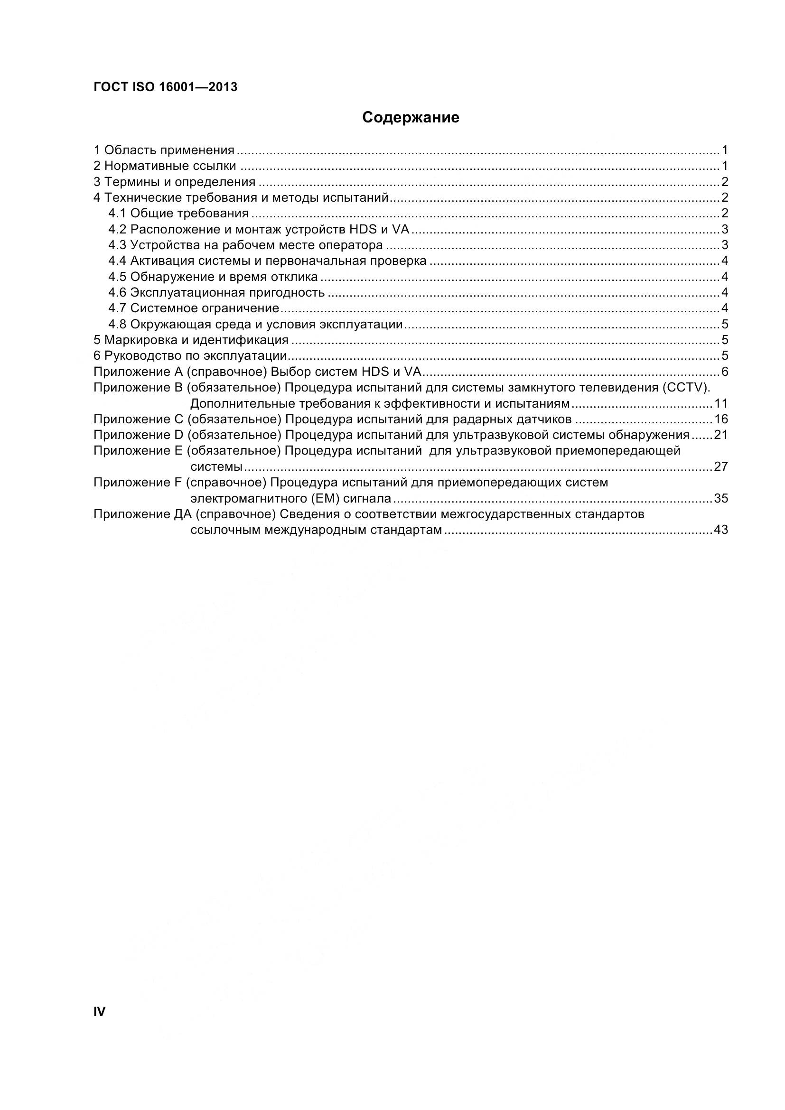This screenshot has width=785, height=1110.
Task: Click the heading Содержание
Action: click(x=411, y=118)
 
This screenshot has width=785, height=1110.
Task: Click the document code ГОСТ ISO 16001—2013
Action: click(x=165, y=87)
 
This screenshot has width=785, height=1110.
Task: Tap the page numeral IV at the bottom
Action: click(x=99, y=1012)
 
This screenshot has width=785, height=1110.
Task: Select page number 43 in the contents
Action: click(x=721, y=530)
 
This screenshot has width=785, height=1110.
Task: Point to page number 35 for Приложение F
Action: click(x=721, y=498)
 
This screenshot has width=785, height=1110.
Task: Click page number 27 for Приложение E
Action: click(x=721, y=466)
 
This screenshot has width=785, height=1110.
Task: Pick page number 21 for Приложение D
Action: click(x=721, y=435)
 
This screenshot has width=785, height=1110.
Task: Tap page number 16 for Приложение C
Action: click(x=721, y=419)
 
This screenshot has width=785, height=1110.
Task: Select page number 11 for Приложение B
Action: click(x=721, y=403)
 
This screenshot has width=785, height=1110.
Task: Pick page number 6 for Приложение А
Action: click(x=725, y=371)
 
